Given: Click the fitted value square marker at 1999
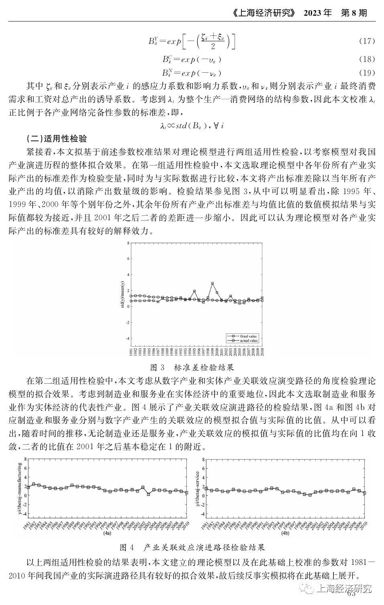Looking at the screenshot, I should pyautogui.click(x=212, y=284).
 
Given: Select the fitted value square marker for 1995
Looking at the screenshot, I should pyautogui.click(x=194, y=291).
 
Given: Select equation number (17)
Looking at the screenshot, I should pyautogui.click(x=366, y=41).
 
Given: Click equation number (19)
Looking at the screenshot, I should pyautogui.click(x=366, y=73).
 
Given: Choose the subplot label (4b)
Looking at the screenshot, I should pyautogui.click(x=285, y=533).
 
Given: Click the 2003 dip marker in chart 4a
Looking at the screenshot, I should pyautogui.click(x=149, y=494).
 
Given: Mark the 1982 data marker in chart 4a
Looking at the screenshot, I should pyautogui.click(x=34, y=484).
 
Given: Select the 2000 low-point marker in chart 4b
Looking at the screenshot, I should pyautogui.click(x=310, y=495).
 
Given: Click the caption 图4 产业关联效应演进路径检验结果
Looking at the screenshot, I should pyautogui.click(x=192, y=548).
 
